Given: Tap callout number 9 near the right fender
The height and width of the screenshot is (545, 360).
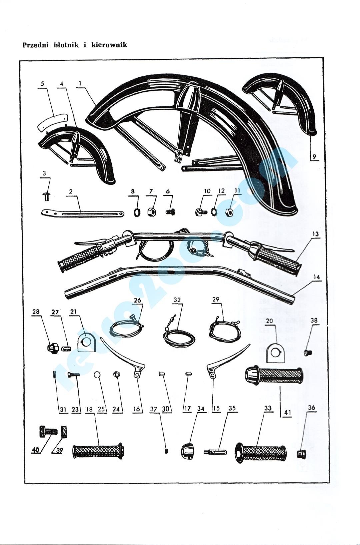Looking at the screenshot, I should point(314,156).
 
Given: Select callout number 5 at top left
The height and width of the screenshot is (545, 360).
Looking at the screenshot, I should point(42,84).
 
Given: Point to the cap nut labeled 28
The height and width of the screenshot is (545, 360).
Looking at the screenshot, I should point(53,348).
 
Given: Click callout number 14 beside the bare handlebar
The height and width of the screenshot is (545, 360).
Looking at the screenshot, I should point(317,277).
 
